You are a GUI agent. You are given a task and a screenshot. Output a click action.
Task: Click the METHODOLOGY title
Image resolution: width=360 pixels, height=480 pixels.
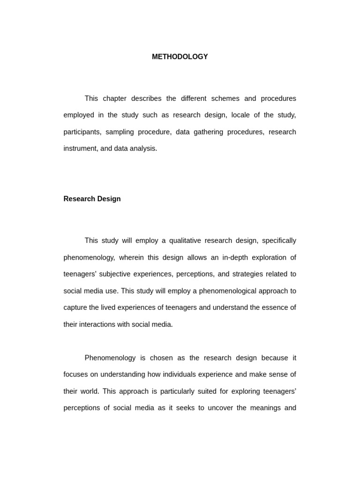tap(180, 57)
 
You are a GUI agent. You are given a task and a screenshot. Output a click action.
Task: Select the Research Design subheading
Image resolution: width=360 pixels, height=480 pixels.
tap(92, 199)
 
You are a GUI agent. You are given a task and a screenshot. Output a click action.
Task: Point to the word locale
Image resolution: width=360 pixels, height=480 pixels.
tap(242, 115)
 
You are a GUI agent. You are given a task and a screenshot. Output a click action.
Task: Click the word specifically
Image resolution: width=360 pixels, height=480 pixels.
tap(279, 240)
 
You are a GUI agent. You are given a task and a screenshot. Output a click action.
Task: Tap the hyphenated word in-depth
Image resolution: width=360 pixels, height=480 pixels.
tap(225, 257)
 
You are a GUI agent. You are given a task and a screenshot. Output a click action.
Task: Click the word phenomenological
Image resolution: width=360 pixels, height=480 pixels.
tap(231, 291)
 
